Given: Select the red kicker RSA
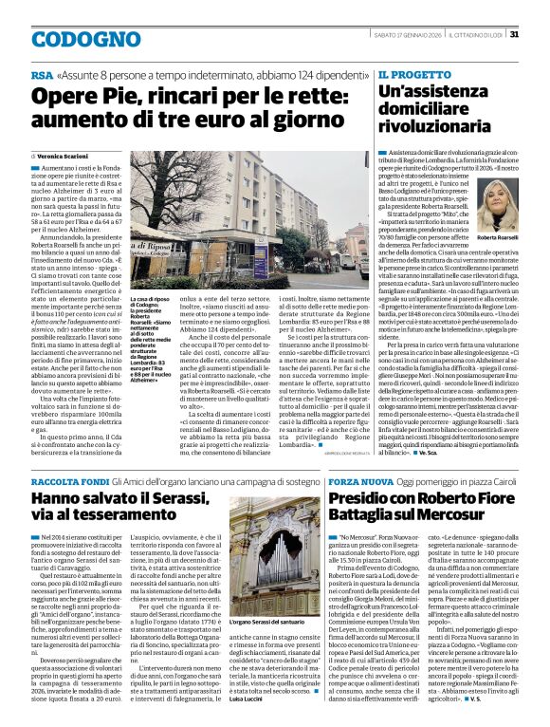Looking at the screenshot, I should tap(42, 74).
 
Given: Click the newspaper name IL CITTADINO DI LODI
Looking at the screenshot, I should tap(469, 35).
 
